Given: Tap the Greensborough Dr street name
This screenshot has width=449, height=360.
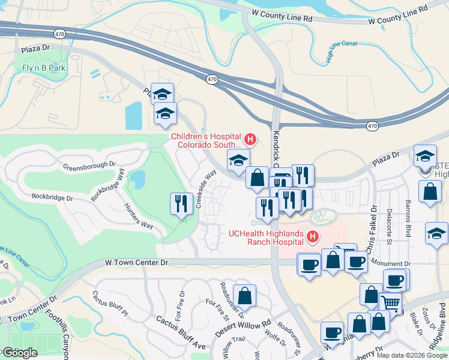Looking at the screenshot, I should [89, 164].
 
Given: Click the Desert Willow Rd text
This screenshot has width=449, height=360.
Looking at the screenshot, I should [243, 324].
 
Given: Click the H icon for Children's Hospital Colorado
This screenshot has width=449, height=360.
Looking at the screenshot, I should [250, 140].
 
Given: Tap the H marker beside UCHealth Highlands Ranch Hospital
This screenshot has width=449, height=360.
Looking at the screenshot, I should [312, 238].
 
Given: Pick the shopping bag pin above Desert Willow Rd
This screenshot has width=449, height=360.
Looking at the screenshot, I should [244, 295].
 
